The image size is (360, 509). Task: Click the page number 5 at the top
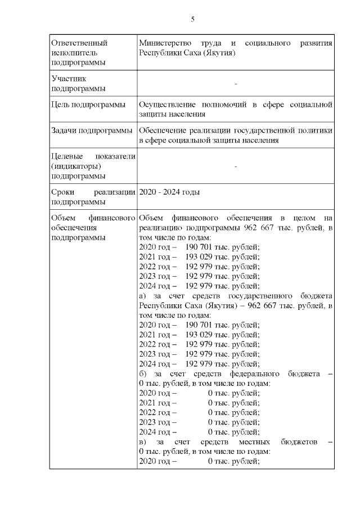(192, 19)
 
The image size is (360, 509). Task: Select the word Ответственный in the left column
(79, 43)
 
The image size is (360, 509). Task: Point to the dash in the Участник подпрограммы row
(235, 84)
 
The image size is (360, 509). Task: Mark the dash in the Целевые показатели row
(235, 166)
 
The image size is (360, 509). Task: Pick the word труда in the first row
(210, 43)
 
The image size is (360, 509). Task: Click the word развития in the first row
(317, 43)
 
